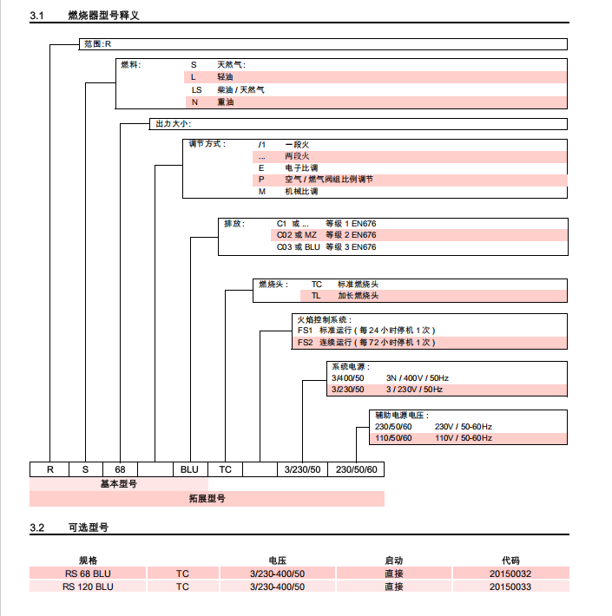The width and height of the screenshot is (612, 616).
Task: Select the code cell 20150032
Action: pos(510,573)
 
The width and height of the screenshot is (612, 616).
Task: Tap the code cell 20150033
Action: pos(510,587)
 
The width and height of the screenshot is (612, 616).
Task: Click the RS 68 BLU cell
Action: pos(88,573)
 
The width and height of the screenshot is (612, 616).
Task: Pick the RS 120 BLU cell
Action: pos(88,587)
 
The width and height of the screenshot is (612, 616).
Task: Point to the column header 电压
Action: pos(278,560)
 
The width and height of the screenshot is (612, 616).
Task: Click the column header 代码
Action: pos(510,560)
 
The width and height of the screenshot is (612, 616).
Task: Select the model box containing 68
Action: pos(121,469)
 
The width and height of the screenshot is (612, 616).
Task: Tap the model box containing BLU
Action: pos(189,469)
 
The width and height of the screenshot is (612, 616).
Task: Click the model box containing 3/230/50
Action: pos(303,469)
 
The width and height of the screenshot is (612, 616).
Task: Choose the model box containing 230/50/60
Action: pos(356,469)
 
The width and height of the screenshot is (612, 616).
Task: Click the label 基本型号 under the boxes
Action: pos(118,484)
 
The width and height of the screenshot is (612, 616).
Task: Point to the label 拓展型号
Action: pos(207,499)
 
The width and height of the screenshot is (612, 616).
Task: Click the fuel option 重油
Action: pos(225,102)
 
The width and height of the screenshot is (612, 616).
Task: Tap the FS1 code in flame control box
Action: pos(305,331)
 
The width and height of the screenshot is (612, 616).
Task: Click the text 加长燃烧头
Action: pos(358,296)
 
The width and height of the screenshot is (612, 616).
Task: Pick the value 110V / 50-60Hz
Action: pos(463,438)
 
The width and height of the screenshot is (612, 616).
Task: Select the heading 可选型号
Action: pos(88,527)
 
